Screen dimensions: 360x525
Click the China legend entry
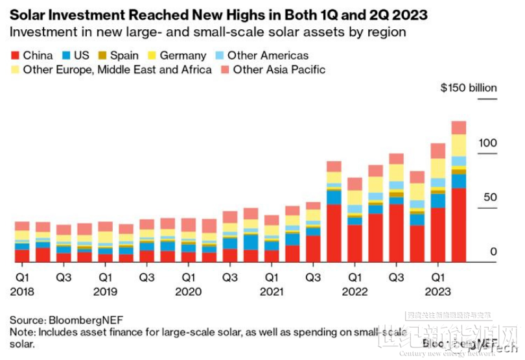pyautogui.click(x=32, y=56)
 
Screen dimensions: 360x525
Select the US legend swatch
pyautogui.click(x=67, y=56)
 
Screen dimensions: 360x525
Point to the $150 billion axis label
pyautogui.click(x=468, y=88)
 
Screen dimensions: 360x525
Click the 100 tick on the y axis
pyautogui.click(x=488, y=142)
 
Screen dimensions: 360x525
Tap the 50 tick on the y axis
pyautogui.click(x=491, y=197)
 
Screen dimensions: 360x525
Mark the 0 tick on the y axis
pyautogui.click(x=493, y=252)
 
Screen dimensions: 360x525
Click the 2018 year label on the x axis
pyautogui.click(x=21, y=291)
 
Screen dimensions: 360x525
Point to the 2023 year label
pyautogui.click(x=438, y=291)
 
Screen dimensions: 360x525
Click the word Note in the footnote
pyautogui.click(x=20, y=332)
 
